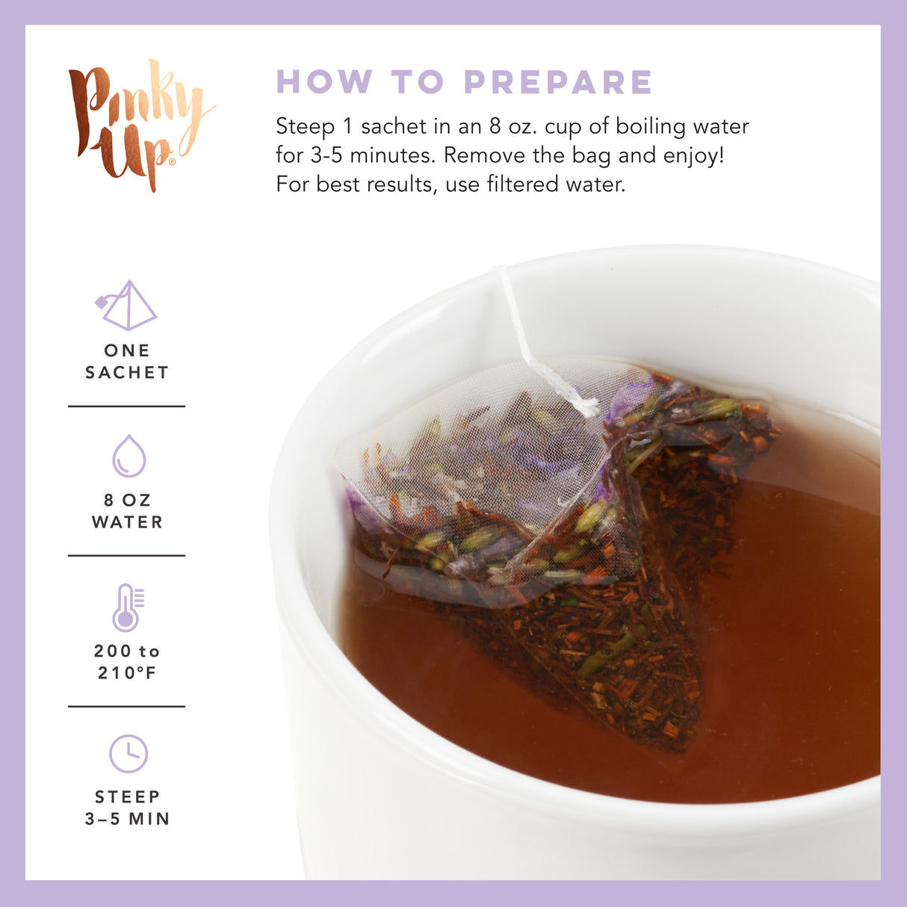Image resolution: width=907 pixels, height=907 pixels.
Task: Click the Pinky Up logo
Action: point(139,124)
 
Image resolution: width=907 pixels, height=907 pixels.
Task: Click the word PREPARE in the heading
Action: point(558,82)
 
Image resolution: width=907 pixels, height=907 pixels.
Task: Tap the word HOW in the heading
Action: point(324,82)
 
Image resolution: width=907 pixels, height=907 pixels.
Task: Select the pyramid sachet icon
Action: point(126,306)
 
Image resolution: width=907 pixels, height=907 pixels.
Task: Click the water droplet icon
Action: point(129,456)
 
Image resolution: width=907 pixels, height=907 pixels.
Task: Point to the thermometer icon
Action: point(127,607)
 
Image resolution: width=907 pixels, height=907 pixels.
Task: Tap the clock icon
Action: point(129,753)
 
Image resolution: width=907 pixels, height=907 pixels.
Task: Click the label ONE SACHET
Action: point(127,362)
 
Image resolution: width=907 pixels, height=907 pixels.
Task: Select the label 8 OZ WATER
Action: point(127,511)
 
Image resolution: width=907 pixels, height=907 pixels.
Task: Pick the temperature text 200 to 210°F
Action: point(127,662)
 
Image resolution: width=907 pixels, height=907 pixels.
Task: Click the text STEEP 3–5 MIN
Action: point(127,808)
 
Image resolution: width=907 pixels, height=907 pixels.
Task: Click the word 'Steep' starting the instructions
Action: point(305,127)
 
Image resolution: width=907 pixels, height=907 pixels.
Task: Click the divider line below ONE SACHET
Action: point(126,406)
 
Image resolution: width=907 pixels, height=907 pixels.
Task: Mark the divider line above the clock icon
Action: point(126,706)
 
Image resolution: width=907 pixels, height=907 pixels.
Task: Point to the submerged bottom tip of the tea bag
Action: point(676,736)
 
